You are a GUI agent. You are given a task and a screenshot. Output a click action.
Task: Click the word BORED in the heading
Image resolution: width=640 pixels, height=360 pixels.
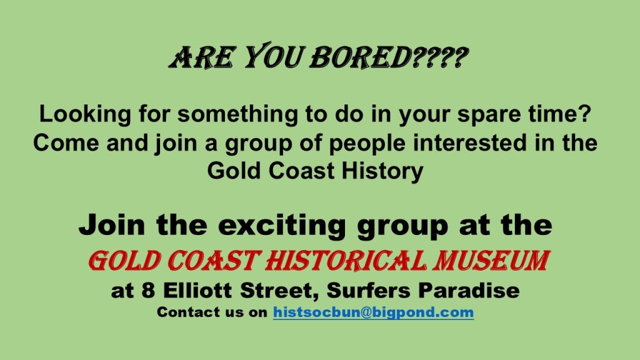(360, 57)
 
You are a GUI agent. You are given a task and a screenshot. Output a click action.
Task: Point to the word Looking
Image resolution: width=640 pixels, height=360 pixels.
(85, 114)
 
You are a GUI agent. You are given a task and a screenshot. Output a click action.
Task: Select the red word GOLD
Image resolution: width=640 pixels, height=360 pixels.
(124, 261)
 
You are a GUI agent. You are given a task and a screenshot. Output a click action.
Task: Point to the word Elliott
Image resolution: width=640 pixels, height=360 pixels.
(197, 291)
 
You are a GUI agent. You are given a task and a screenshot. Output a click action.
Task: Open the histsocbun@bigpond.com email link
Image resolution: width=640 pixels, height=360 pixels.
(374, 312)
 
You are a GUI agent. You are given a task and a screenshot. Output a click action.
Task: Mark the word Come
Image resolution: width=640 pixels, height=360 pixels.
(66, 143)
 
